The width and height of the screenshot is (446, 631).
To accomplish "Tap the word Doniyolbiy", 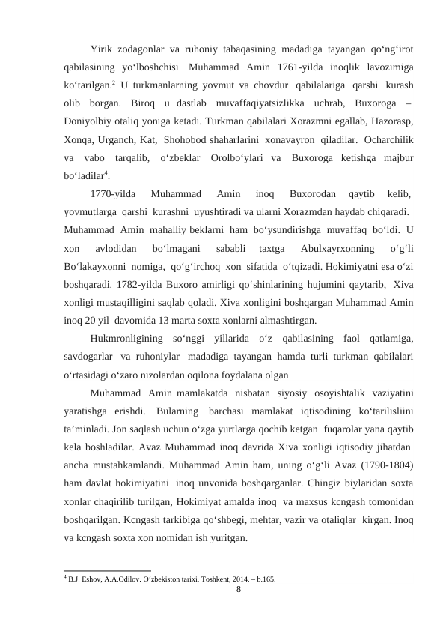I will click(x=89, y=118).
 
